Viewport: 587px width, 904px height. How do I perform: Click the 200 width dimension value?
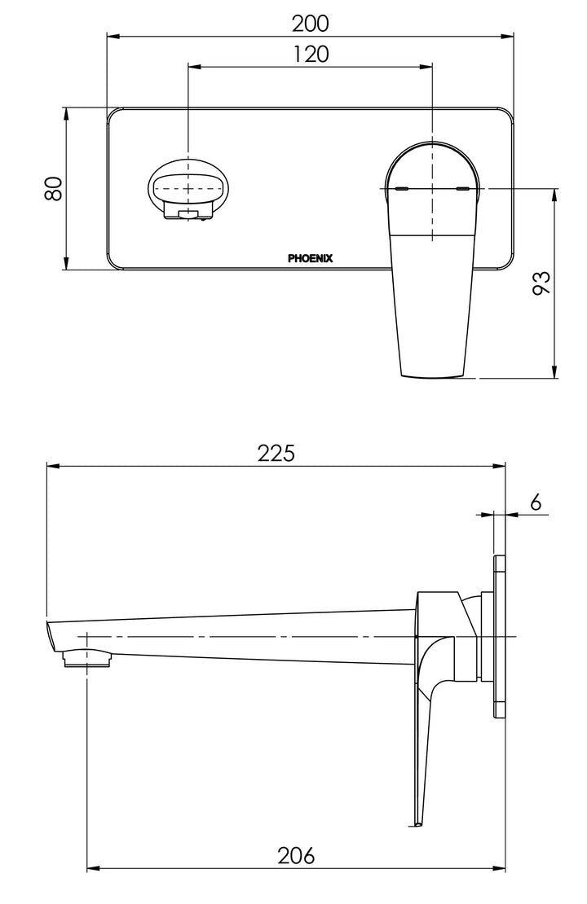311,24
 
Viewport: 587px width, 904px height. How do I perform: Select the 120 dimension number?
311,55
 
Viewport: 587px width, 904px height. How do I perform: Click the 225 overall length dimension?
276,454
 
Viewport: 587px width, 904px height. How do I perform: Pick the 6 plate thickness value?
535,502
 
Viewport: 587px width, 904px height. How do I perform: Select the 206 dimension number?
296,856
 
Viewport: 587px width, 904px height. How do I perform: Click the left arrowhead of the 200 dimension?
113,36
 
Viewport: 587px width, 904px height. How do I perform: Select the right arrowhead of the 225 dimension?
502,466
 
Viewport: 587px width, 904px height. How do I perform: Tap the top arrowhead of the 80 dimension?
66,112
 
